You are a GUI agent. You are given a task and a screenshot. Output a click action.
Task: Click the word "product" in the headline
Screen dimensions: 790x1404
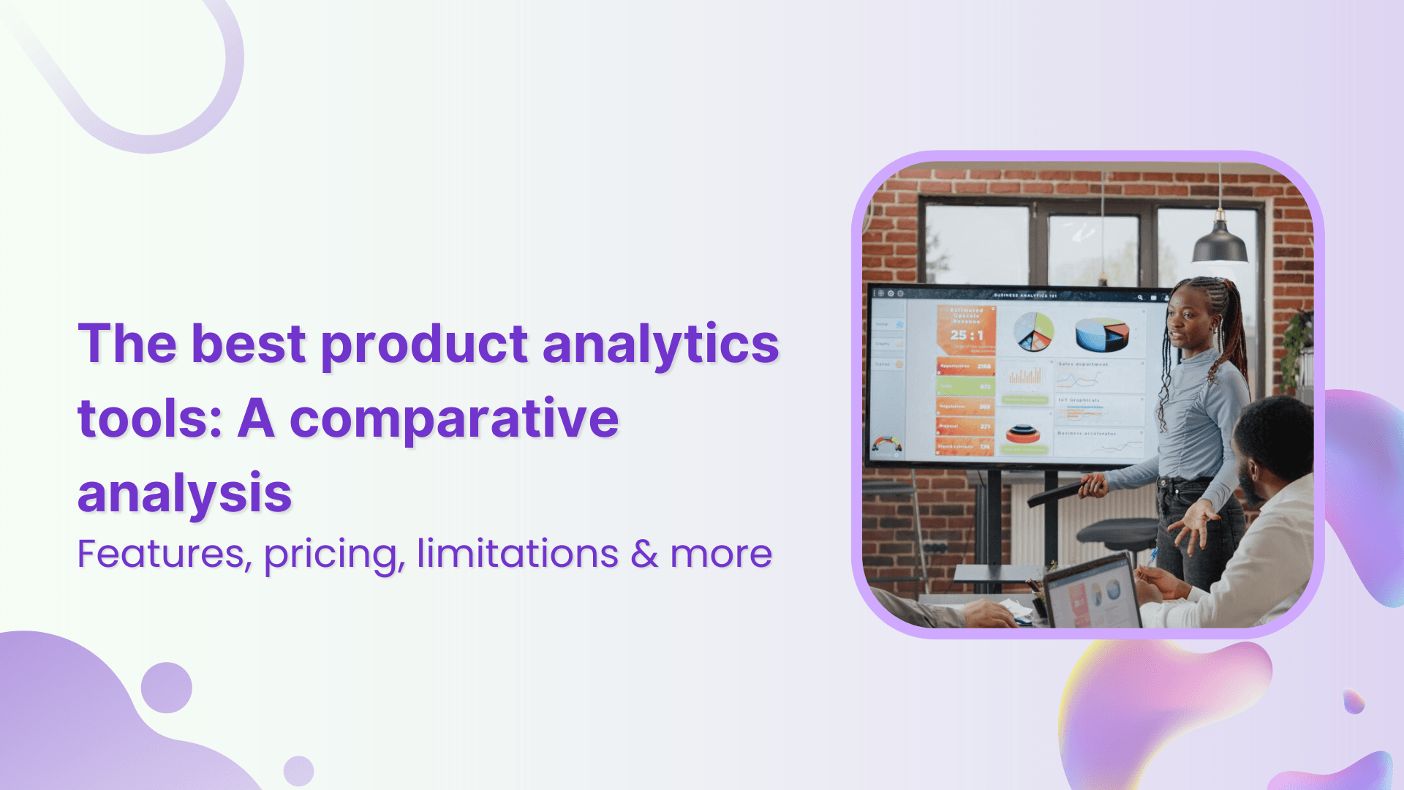click(424, 344)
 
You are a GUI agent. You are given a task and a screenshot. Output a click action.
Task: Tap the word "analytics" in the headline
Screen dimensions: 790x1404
click(660, 344)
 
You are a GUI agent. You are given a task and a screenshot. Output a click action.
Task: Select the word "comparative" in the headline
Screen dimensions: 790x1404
click(454, 419)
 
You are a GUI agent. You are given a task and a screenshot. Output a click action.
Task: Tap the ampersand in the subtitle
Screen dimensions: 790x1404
click(644, 554)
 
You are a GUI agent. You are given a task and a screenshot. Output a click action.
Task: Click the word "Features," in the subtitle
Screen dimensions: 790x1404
click(165, 554)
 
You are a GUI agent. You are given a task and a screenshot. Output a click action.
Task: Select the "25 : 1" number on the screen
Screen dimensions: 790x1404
click(967, 335)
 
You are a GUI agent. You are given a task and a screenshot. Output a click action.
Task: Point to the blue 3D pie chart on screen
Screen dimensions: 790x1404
click(1101, 334)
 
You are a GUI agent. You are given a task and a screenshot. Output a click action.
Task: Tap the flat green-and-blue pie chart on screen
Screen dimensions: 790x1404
click(1034, 331)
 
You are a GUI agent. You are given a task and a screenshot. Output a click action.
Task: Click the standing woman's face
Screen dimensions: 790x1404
click(1189, 320)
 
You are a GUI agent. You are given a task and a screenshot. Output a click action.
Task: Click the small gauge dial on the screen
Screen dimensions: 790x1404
click(886, 444)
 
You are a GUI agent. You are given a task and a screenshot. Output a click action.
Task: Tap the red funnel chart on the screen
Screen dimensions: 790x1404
click(1022, 434)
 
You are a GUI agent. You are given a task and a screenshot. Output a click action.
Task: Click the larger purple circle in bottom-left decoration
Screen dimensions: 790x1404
click(167, 688)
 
